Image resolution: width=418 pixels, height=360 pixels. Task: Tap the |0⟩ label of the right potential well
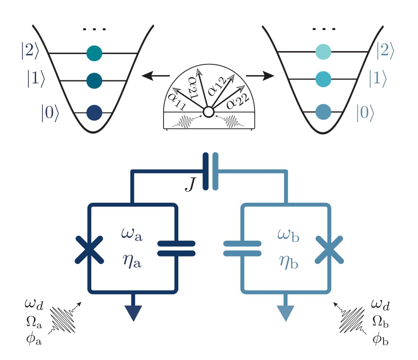(366, 113)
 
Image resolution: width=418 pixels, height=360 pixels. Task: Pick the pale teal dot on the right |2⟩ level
(323, 52)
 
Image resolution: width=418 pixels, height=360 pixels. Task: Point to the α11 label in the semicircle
(175, 101)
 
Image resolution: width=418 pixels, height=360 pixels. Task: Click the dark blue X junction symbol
(89, 250)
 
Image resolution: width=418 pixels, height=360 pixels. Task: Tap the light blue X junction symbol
(330, 250)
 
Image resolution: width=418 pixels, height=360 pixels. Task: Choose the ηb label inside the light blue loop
(287, 262)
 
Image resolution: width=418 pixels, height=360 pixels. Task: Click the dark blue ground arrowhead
(133, 313)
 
